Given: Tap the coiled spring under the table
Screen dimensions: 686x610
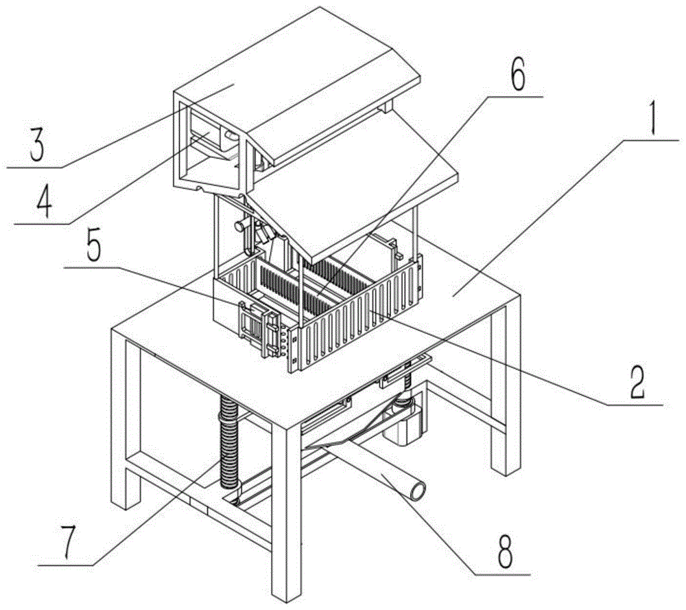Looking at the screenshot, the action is (228, 441).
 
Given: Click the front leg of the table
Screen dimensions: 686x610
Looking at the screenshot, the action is (287, 508).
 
